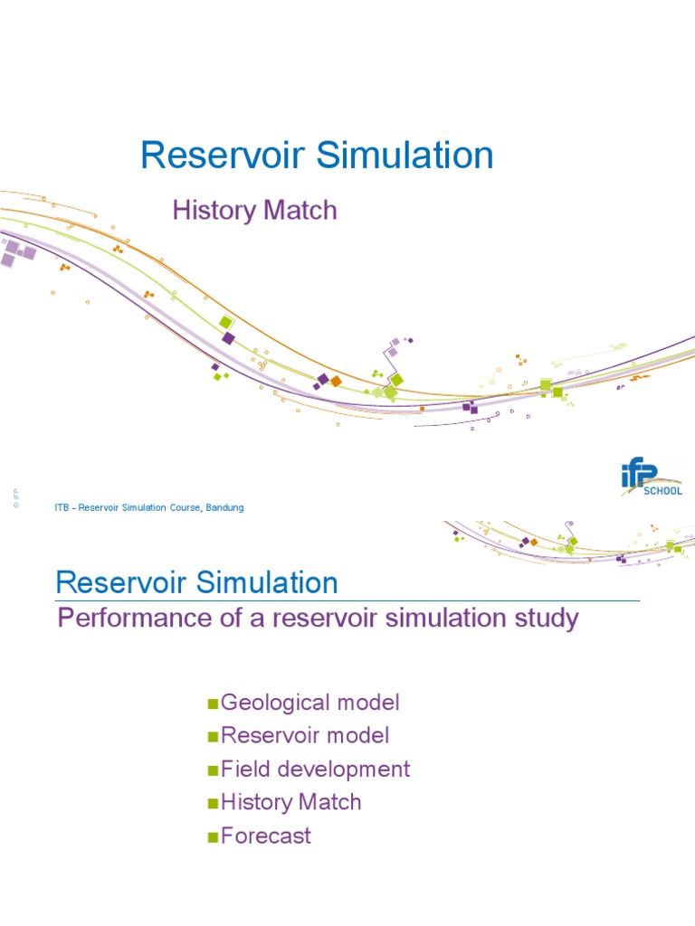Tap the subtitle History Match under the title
click(254, 211)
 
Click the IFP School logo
click(651, 477)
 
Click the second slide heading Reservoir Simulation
click(197, 582)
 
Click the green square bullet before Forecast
click(214, 837)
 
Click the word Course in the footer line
click(166, 508)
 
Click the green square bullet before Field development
click(214, 771)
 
